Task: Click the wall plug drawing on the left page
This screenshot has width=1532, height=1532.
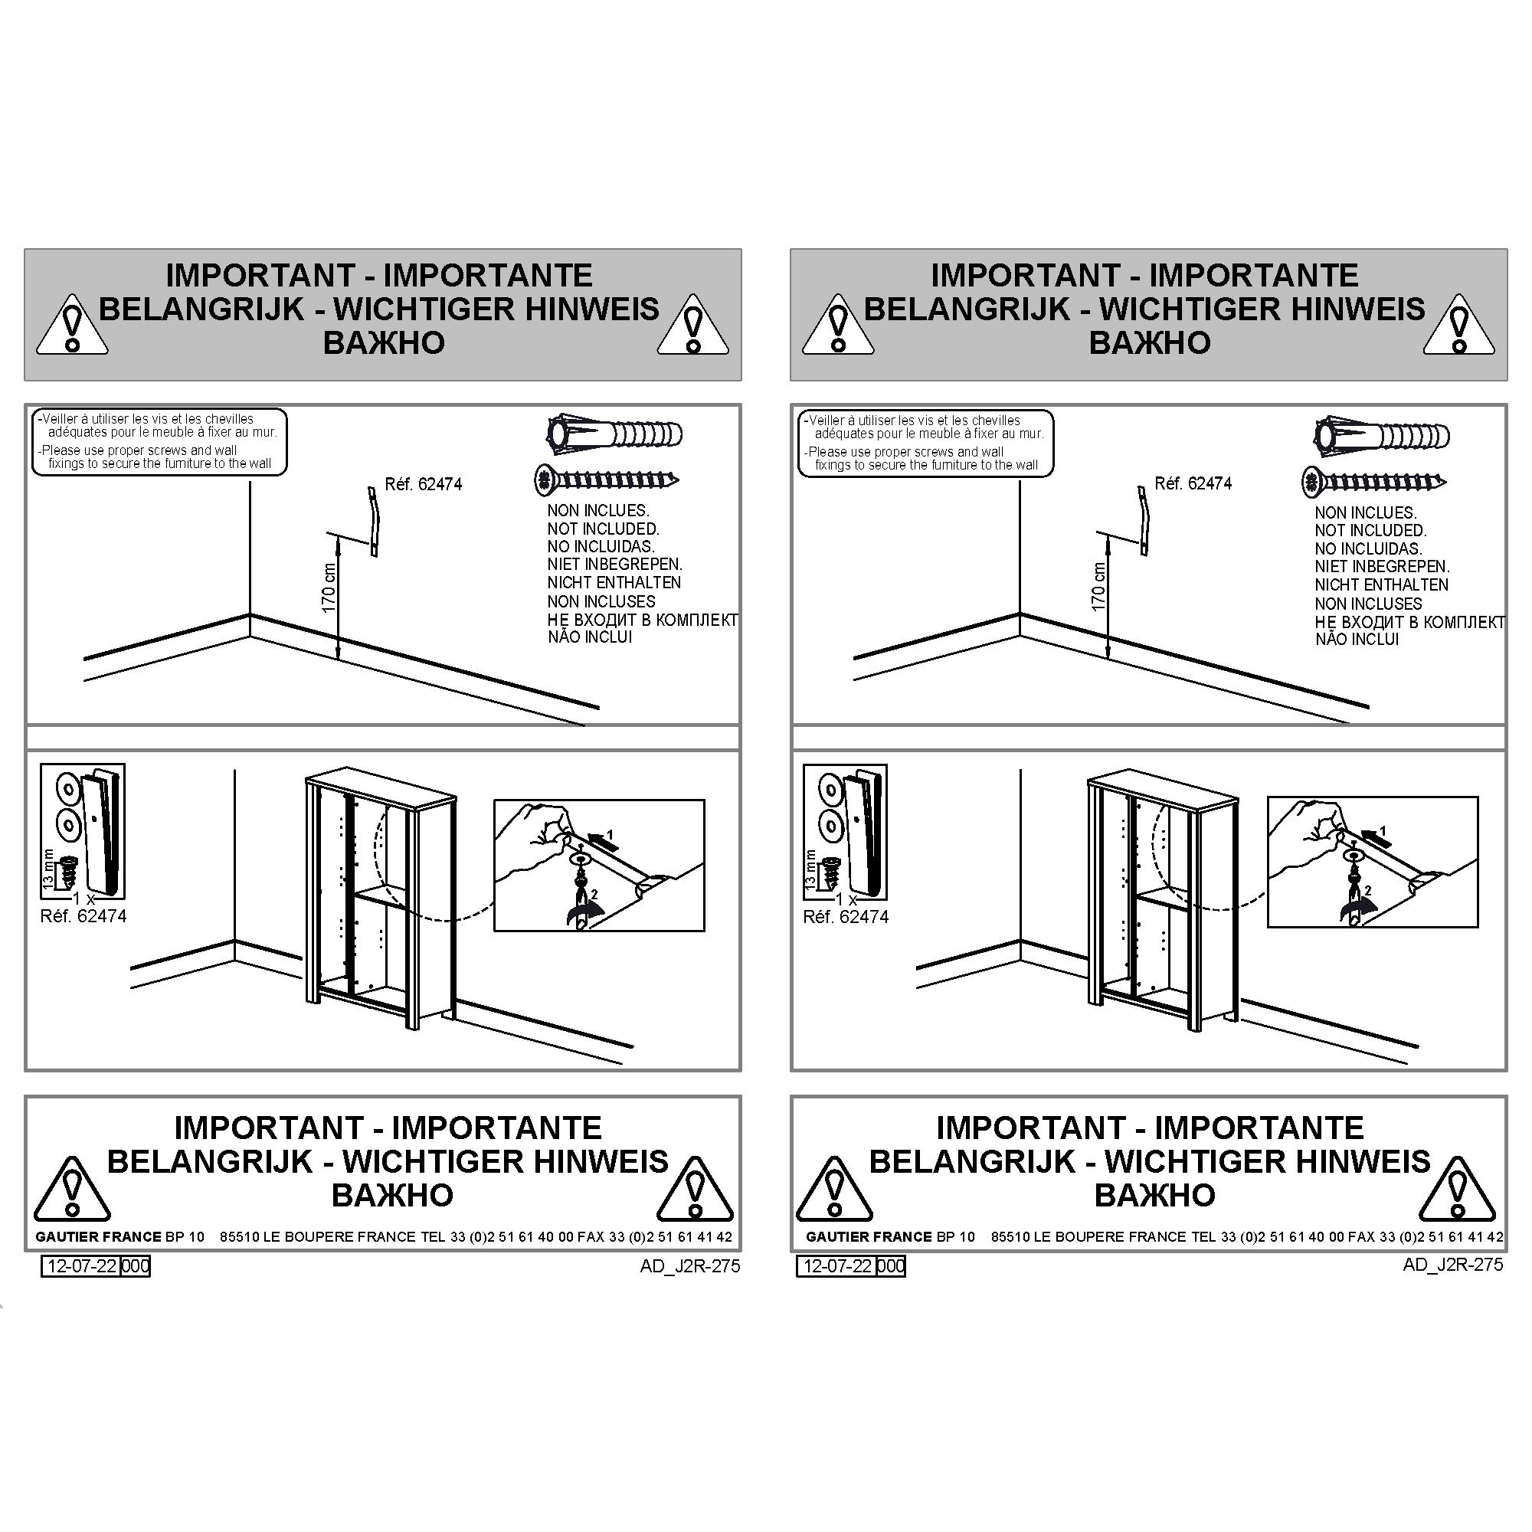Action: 614,434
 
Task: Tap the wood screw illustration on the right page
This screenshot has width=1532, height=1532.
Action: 1374,481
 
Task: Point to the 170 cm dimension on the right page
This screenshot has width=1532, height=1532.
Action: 1099,587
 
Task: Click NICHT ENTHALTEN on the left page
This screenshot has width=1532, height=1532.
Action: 614,583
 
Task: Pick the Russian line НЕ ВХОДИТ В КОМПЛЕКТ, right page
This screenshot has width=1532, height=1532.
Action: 1409,623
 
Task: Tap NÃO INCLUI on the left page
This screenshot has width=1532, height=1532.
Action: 590,637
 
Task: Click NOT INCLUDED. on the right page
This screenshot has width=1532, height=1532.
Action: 1370,531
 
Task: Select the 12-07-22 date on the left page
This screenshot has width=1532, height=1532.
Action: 83,1265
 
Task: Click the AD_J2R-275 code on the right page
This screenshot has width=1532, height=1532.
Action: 1452,1265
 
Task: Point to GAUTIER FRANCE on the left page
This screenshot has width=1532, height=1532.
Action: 98,1237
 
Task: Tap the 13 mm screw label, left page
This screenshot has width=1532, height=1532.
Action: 48,868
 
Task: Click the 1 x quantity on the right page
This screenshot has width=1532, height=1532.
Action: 846,900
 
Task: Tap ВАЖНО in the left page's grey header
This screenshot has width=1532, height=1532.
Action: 384,343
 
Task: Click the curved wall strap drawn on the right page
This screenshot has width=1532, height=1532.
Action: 1143,520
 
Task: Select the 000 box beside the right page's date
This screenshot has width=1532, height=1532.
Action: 892,1265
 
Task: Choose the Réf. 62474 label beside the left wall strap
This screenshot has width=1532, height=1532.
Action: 424,483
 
